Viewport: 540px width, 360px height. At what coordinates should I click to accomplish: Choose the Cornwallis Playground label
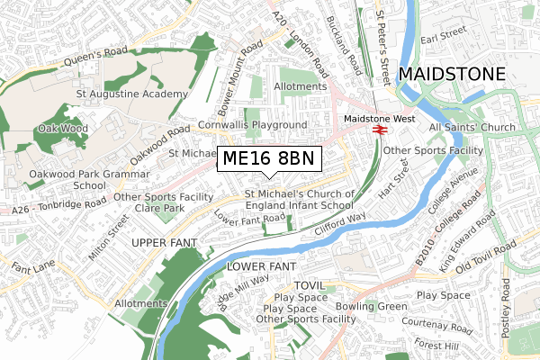[254, 124]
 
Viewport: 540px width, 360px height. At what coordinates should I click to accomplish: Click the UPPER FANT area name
[163, 243]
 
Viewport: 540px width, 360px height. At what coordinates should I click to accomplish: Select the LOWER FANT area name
[261, 267]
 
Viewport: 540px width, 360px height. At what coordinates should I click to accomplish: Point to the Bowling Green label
[372, 307]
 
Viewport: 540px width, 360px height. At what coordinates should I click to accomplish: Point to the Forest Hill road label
[438, 343]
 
